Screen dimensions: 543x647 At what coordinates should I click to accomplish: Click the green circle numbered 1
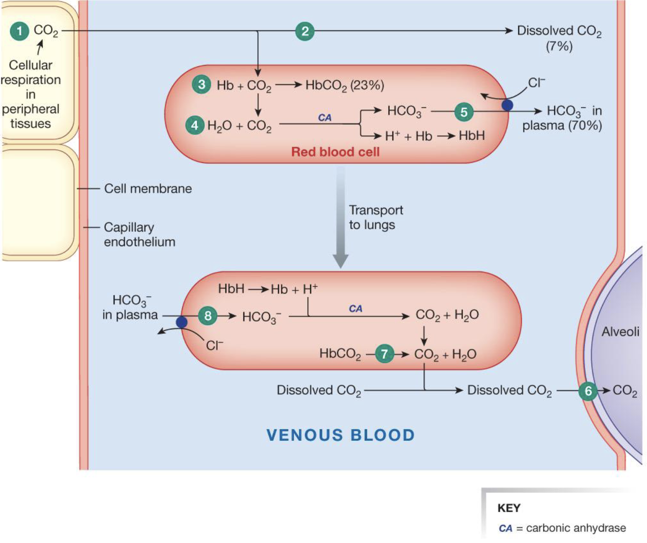pyautogui.click(x=19, y=31)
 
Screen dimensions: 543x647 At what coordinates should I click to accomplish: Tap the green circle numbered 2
pyautogui.click(x=305, y=31)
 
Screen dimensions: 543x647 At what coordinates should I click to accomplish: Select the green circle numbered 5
pyautogui.click(x=464, y=112)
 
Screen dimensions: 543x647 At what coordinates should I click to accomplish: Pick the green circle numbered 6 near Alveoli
pyautogui.click(x=588, y=391)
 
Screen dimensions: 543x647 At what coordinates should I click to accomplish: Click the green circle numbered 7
pyautogui.click(x=384, y=354)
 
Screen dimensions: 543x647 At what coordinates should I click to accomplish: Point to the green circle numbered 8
pyautogui.click(x=208, y=316)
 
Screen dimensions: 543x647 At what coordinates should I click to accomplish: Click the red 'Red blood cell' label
pyautogui.click(x=335, y=152)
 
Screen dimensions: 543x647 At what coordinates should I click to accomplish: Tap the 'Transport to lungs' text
pyautogui.click(x=375, y=217)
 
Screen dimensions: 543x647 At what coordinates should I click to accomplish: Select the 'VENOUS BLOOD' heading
pyautogui.click(x=341, y=435)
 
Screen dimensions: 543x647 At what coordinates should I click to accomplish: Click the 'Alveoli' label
pyautogui.click(x=620, y=331)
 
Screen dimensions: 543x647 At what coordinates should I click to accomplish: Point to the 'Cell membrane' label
pyautogui.click(x=148, y=189)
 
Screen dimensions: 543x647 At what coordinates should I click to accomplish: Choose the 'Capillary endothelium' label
pyautogui.click(x=139, y=235)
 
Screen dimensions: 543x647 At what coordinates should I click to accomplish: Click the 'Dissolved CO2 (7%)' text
pyautogui.click(x=559, y=38)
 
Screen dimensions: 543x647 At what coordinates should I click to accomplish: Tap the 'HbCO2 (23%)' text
pyautogui.click(x=344, y=86)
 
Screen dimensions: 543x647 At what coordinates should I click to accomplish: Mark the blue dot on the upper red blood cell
pyautogui.click(x=507, y=105)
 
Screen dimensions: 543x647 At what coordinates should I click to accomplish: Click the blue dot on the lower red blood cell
pyautogui.click(x=182, y=322)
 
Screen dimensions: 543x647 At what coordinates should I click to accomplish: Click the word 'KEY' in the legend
pyautogui.click(x=509, y=508)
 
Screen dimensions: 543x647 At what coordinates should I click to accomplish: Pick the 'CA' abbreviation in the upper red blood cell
pyautogui.click(x=324, y=118)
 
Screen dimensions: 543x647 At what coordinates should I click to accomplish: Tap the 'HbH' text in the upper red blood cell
pyautogui.click(x=472, y=136)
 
